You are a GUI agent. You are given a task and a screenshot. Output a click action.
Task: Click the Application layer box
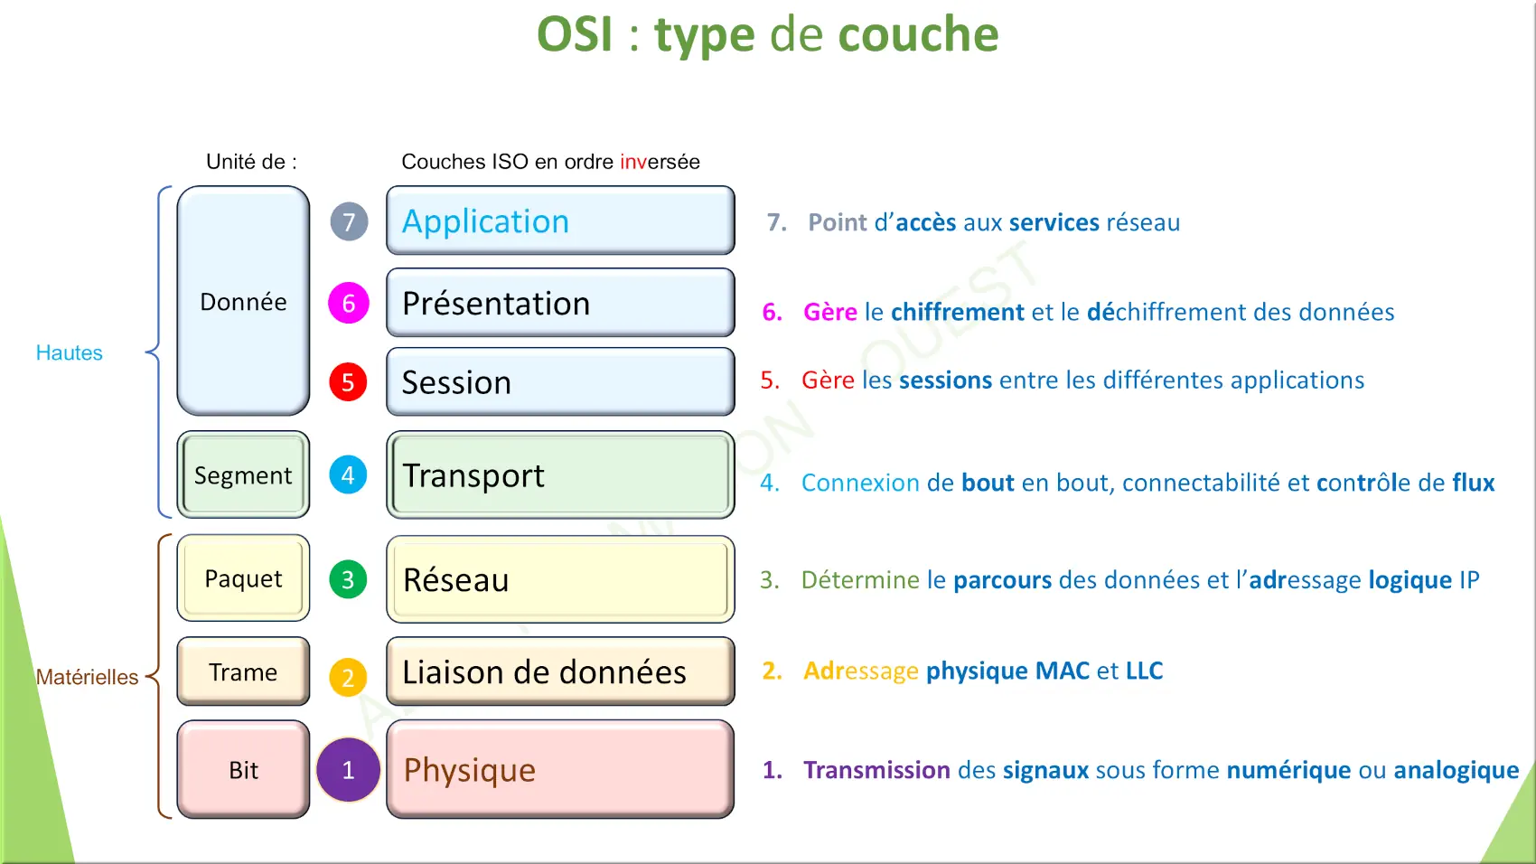click(560, 221)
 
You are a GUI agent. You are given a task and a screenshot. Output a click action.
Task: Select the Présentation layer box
click(560, 303)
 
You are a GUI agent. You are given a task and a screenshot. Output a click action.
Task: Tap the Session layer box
click(560, 381)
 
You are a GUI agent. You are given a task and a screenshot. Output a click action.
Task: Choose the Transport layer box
click(560, 474)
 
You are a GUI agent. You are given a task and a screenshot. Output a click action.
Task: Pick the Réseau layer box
click(560, 579)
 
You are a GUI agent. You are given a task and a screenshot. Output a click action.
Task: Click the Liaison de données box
click(560, 671)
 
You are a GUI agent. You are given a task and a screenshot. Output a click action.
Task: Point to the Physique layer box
click(560, 769)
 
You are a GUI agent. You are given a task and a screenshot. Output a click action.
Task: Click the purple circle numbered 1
click(349, 769)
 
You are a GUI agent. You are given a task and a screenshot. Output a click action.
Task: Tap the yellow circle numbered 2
click(348, 678)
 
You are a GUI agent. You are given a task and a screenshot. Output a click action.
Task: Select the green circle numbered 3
click(348, 579)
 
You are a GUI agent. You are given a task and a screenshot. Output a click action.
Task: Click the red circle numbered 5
click(348, 382)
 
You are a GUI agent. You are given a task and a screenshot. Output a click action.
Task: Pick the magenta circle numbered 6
click(349, 303)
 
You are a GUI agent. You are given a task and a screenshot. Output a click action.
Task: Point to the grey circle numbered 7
click(349, 221)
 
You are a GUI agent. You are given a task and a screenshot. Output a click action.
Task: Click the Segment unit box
click(243, 474)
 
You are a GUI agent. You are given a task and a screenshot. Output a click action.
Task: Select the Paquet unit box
click(243, 578)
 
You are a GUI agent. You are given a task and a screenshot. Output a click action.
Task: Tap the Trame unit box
click(243, 671)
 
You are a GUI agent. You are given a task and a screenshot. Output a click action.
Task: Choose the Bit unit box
click(243, 769)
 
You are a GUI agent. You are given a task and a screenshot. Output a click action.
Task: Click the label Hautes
click(70, 352)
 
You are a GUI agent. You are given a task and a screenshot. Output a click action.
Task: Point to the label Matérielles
click(87, 677)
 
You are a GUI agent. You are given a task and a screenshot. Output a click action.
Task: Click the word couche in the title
click(918, 34)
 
